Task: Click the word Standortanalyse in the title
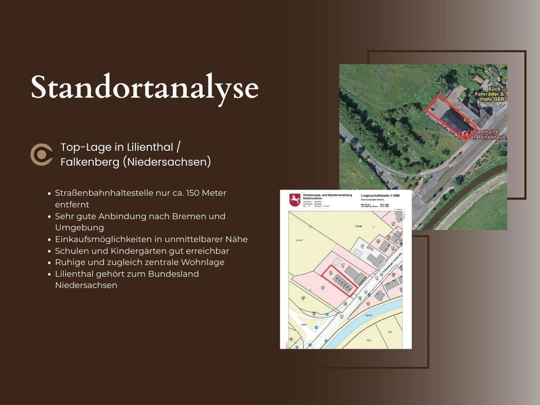pyautogui.click(x=144, y=87)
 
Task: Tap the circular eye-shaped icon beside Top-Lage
pyautogui.click(x=41, y=155)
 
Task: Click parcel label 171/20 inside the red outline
pyautogui.click(x=331, y=274)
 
